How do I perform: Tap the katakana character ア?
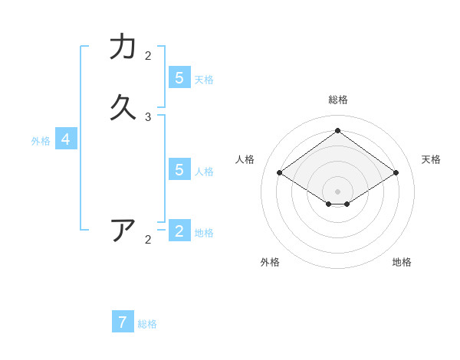pyautogui.click(x=123, y=230)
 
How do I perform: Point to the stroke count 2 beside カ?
pyautogui.click(x=148, y=56)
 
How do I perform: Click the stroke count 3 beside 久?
pyautogui.click(x=148, y=117)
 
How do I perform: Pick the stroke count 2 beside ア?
pyautogui.click(x=148, y=240)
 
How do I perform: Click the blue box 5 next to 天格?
pyautogui.click(x=179, y=77)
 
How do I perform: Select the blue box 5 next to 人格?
pyautogui.click(x=179, y=169)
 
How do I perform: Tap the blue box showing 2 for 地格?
pyautogui.click(x=179, y=231)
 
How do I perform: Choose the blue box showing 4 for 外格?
pyautogui.click(x=66, y=139)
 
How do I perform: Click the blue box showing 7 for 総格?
pyautogui.click(x=123, y=322)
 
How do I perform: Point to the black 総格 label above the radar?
pyautogui.click(x=337, y=100)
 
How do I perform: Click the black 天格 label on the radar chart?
pyautogui.click(x=431, y=159)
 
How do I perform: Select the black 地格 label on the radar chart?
pyautogui.click(x=402, y=262)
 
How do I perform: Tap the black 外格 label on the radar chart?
pyautogui.click(x=270, y=262)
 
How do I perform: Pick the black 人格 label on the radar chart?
pyautogui.click(x=245, y=159)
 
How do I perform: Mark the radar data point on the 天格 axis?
pyautogui.click(x=396, y=173)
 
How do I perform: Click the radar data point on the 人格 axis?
pyautogui.click(x=279, y=173)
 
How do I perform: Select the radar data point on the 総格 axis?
pyautogui.click(x=337, y=130)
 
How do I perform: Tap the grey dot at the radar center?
pyautogui.click(x=337, y=191)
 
